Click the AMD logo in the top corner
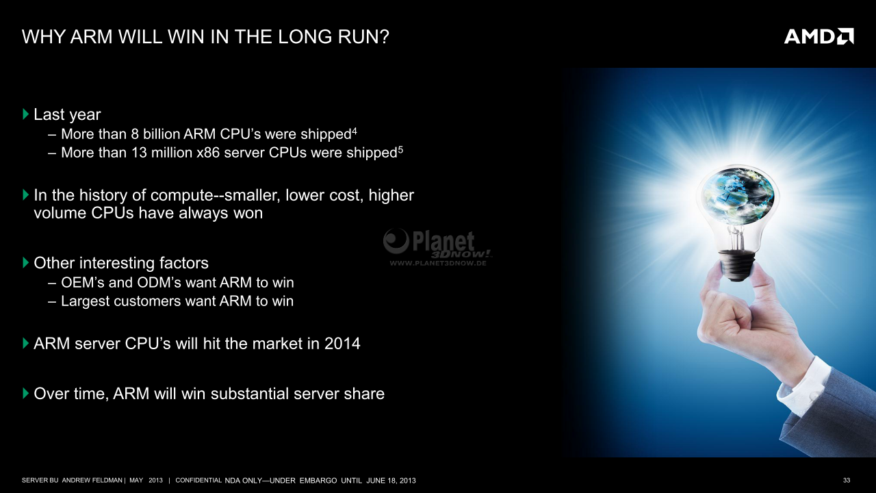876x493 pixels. [x=819, y=36]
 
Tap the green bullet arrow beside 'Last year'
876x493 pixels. [x=26, y=114]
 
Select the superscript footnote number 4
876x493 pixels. [x=354, y=131]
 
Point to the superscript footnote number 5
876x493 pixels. [x=400, y=149]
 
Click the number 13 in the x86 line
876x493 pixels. [x=139, y=153]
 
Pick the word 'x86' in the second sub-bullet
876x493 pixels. [x=208, y=153]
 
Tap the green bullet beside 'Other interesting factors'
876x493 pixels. [x=26, y=262]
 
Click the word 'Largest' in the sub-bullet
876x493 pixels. [x=86, y=301]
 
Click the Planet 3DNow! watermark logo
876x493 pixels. [x=437, y=246]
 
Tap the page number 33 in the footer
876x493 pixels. [x=847, y=480]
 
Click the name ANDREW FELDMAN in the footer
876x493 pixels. [x=92, y=480]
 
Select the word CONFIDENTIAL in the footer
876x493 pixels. [x=198, y=480]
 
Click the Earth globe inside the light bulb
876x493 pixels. [x=737, y=196]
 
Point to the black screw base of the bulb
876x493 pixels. [x=737, y=266]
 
